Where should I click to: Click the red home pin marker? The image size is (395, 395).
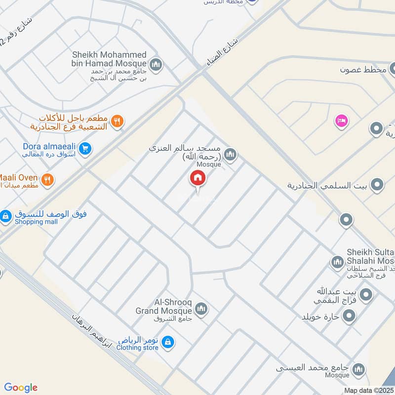(x=198, y=178)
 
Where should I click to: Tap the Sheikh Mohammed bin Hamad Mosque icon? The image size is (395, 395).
(x=156, y=64)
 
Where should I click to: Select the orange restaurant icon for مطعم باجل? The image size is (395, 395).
(x=117, y=120)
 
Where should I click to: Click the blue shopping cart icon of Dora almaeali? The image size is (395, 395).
(x=85, y=148)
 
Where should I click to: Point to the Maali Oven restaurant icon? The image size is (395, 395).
(x=48, y=180)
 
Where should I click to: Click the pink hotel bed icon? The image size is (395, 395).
(x=341, y=120)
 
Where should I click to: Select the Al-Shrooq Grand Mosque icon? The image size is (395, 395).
(x=201, y=310)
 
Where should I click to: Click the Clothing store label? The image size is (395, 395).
(x=137, y=348)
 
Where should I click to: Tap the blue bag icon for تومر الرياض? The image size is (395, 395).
(x=168, y=342)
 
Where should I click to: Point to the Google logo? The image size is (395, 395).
(x=21, y=388)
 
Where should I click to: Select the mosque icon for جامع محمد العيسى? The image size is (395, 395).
(x=359, y=369)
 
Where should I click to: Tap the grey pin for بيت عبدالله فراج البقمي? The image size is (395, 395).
(x=366, y=295)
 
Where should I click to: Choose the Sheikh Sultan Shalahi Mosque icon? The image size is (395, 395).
(x=338, y=262)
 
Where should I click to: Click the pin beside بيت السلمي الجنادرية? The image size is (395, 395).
(x=378, y=185)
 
